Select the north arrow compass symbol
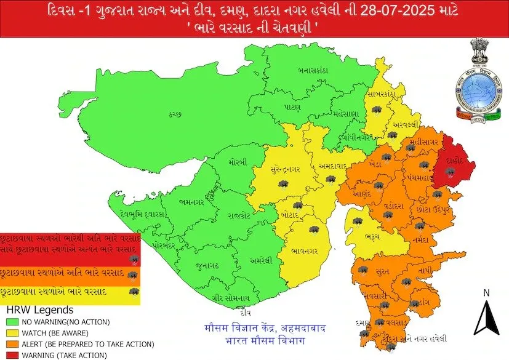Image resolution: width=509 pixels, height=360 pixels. pyautogui.click(x=486, y=315)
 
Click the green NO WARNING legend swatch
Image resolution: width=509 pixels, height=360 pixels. pyautogui.click(x=12, y=322)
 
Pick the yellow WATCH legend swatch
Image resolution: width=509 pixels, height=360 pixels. pyautogui.click(x=12, y=333)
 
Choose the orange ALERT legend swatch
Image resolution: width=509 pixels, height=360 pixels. pyautogui.click(x=12, y=344)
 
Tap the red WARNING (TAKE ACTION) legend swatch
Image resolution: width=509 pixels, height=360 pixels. pyautogui.click(x=12, y=355)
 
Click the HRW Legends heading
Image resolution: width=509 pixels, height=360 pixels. pyautogui.click(x=39, y=311)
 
